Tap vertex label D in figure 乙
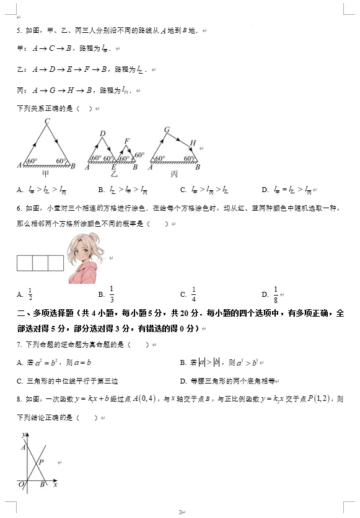(102, 133)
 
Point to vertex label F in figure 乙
(127, 141)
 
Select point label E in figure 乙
(113, 167)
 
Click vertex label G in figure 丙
(167, 129)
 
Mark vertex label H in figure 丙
(193, 144)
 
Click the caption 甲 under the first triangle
(45, 174)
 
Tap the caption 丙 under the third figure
(174, 174)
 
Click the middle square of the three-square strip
(40, 264)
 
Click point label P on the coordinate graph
(41, 462)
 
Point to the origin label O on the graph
(20, 484)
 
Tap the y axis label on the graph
(22, 436)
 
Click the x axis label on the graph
(55, 484)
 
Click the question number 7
(19, 344)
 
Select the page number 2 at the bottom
(179, 512)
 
